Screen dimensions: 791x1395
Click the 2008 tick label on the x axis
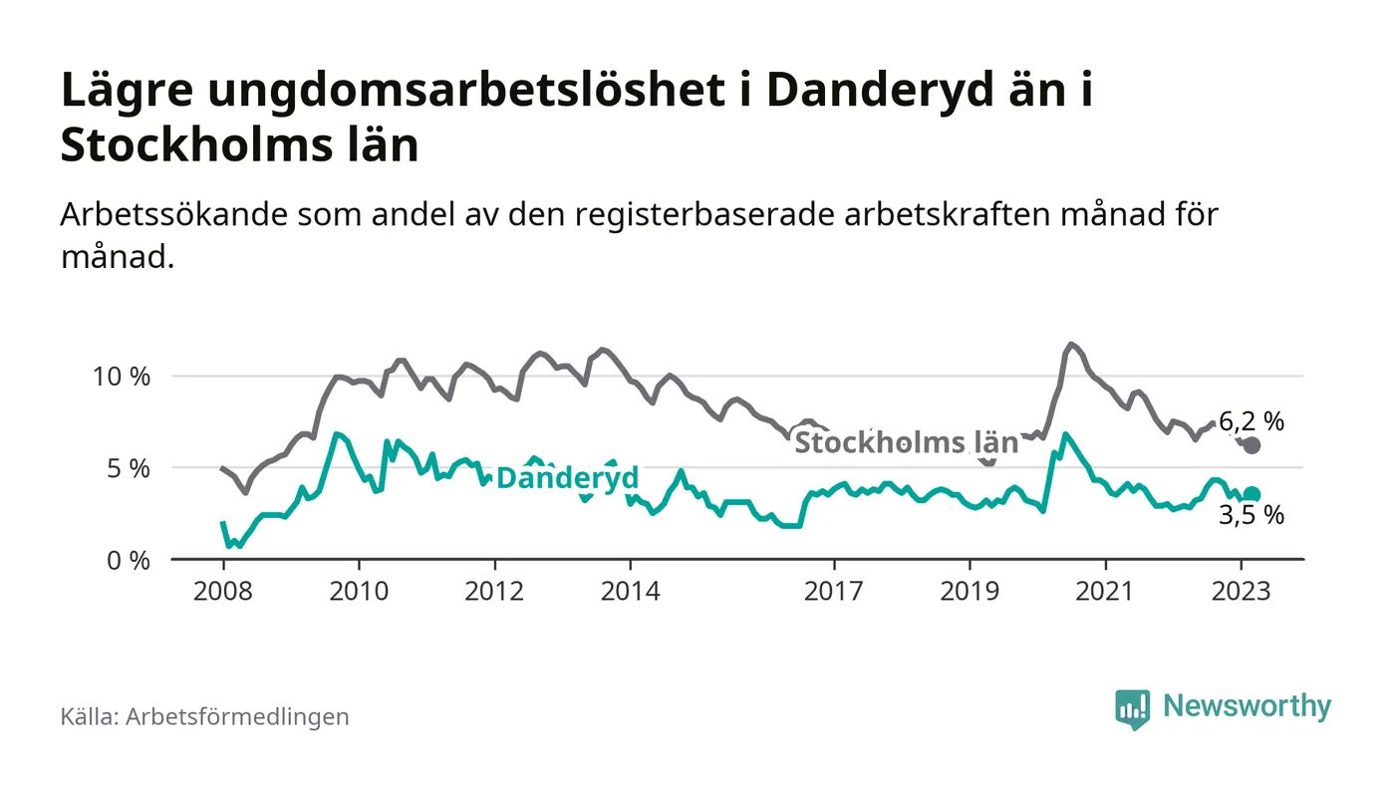222,591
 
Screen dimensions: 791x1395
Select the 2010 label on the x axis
358,591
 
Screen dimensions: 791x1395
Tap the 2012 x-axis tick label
494,591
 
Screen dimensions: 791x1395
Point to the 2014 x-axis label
630,591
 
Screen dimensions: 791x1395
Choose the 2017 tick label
833,591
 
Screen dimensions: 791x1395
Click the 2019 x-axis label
970,591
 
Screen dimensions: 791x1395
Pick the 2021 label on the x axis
1105,591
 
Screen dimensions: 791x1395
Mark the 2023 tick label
1242,591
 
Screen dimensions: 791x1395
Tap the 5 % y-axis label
130,468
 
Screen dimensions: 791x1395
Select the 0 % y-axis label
130,560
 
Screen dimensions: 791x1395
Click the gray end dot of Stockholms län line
1253,445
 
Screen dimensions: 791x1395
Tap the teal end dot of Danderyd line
1253,494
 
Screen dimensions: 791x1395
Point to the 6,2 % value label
1252,421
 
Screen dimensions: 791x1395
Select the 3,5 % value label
1252,516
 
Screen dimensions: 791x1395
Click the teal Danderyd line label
567,478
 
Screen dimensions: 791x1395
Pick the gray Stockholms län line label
906,442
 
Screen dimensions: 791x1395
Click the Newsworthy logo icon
1133,708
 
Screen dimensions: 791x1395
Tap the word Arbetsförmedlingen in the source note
237,716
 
